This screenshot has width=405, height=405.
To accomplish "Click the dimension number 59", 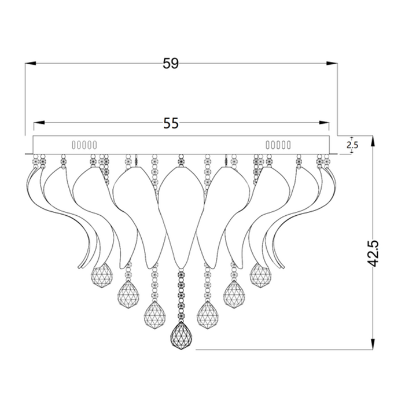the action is (171, 63).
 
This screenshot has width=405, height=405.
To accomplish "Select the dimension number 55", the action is (171, 123).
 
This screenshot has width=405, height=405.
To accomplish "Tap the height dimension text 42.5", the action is (373, 253).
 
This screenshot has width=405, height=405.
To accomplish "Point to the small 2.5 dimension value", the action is (352, 145).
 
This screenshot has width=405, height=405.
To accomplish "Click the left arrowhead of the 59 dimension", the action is (31, 63).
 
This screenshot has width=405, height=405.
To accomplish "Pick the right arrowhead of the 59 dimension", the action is (332, 63).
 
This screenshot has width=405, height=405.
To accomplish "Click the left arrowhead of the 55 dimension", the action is (39, 123).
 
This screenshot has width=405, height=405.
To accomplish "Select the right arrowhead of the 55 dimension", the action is (324, 123).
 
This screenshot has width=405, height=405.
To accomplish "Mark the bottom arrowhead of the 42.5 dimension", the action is (373, 344).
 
